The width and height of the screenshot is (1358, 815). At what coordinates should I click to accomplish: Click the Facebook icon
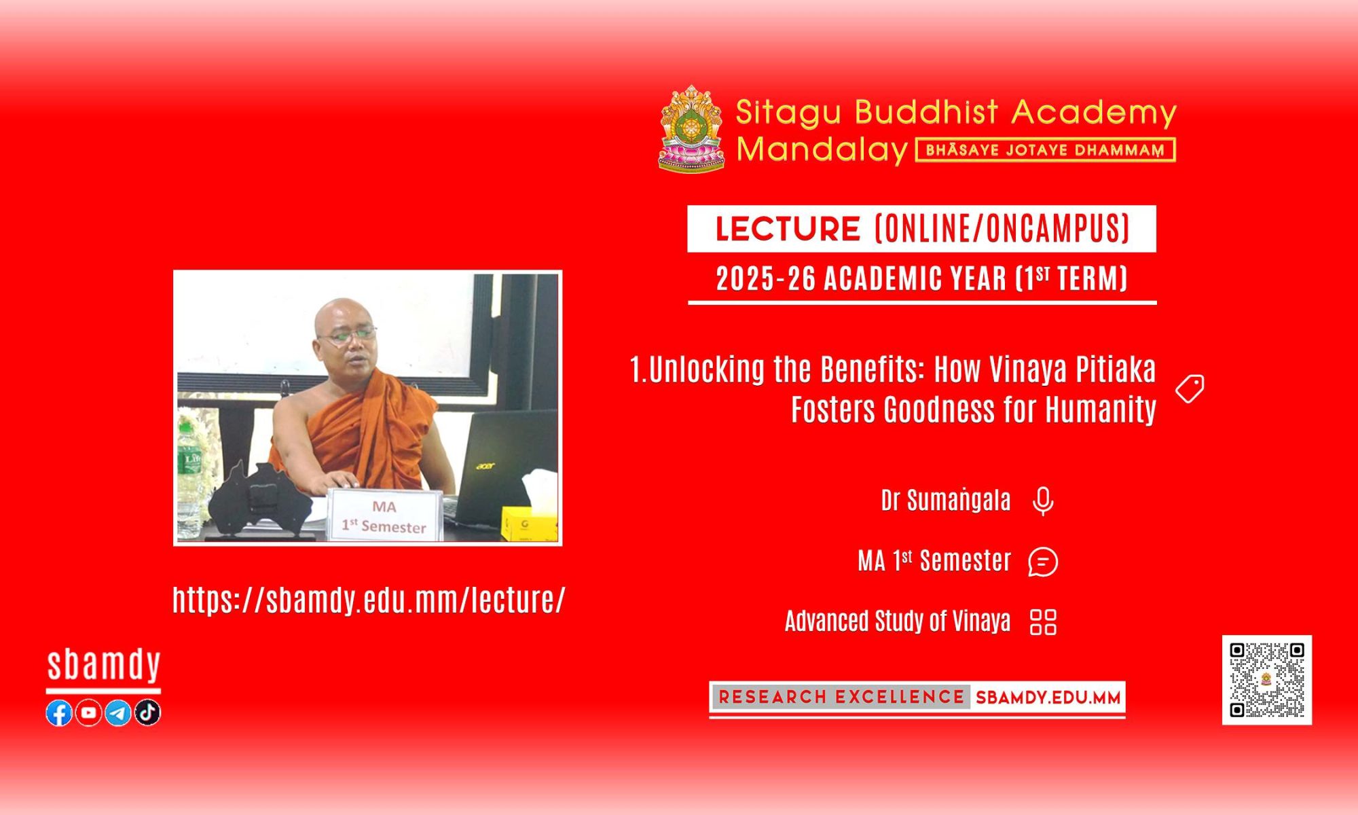click(59, 712)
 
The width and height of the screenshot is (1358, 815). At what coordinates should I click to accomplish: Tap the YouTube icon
click(88, 712)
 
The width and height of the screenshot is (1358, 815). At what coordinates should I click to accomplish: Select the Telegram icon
click(118, 712)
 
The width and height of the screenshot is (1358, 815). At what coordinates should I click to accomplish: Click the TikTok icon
click(147, 712)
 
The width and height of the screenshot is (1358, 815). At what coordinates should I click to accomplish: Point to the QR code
click(1267, 680)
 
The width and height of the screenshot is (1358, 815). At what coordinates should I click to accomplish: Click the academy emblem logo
click(691, 128)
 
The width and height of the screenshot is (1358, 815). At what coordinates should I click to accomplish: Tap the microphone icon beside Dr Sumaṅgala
click(1043, 502)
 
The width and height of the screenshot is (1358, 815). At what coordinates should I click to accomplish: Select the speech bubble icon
click(1043, 562)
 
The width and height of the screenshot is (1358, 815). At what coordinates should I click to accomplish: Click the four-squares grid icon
click(1043, 621)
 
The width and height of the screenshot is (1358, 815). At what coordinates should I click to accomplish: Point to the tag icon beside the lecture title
click(1190, 388)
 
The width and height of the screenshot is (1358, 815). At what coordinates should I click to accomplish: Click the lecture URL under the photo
click(369, 600)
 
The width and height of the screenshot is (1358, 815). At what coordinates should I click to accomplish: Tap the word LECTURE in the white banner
click(788, 229)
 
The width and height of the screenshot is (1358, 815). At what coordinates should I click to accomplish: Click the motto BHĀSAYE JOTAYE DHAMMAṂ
click(1046, 150)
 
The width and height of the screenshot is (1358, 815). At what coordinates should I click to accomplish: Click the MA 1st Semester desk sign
click(385, 515)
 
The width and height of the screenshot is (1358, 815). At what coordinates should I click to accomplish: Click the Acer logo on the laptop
click(485, 466)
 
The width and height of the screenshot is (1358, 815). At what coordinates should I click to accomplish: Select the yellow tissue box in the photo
click(529, 524)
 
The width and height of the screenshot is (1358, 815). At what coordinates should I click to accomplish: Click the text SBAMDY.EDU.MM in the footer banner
click(1048, 698)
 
